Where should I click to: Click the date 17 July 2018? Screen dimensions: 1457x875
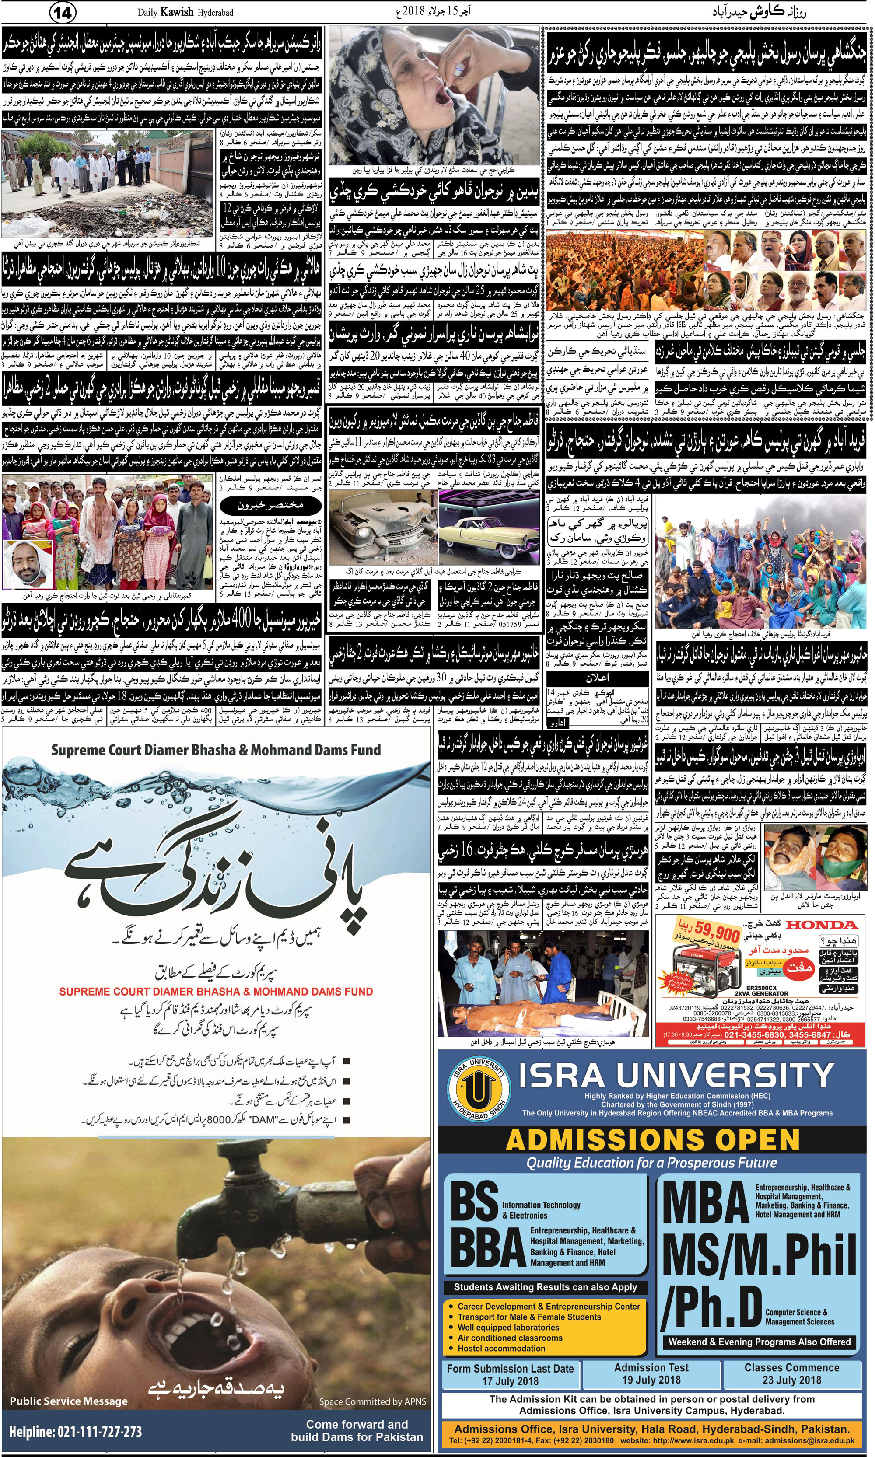[x=510, y=1380]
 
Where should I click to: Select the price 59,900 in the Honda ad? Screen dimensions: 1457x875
[x=716, y=934]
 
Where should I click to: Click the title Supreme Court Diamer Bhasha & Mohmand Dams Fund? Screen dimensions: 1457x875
[x=215, y=750]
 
